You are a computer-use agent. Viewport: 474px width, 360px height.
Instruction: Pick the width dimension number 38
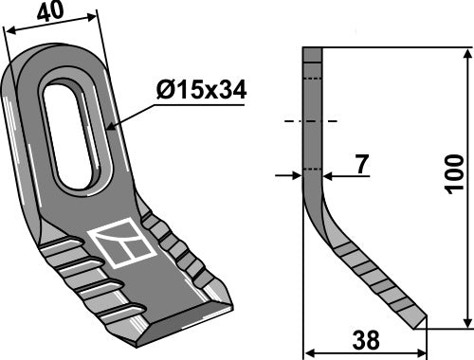[362, 339]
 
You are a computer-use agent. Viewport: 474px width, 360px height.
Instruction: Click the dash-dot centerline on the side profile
[311, 122]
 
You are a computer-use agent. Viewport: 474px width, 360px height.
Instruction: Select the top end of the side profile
[313, 51]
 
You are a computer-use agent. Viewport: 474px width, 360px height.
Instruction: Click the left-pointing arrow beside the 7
[328, 174]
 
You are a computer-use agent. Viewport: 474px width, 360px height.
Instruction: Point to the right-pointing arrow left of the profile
[297, 174]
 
